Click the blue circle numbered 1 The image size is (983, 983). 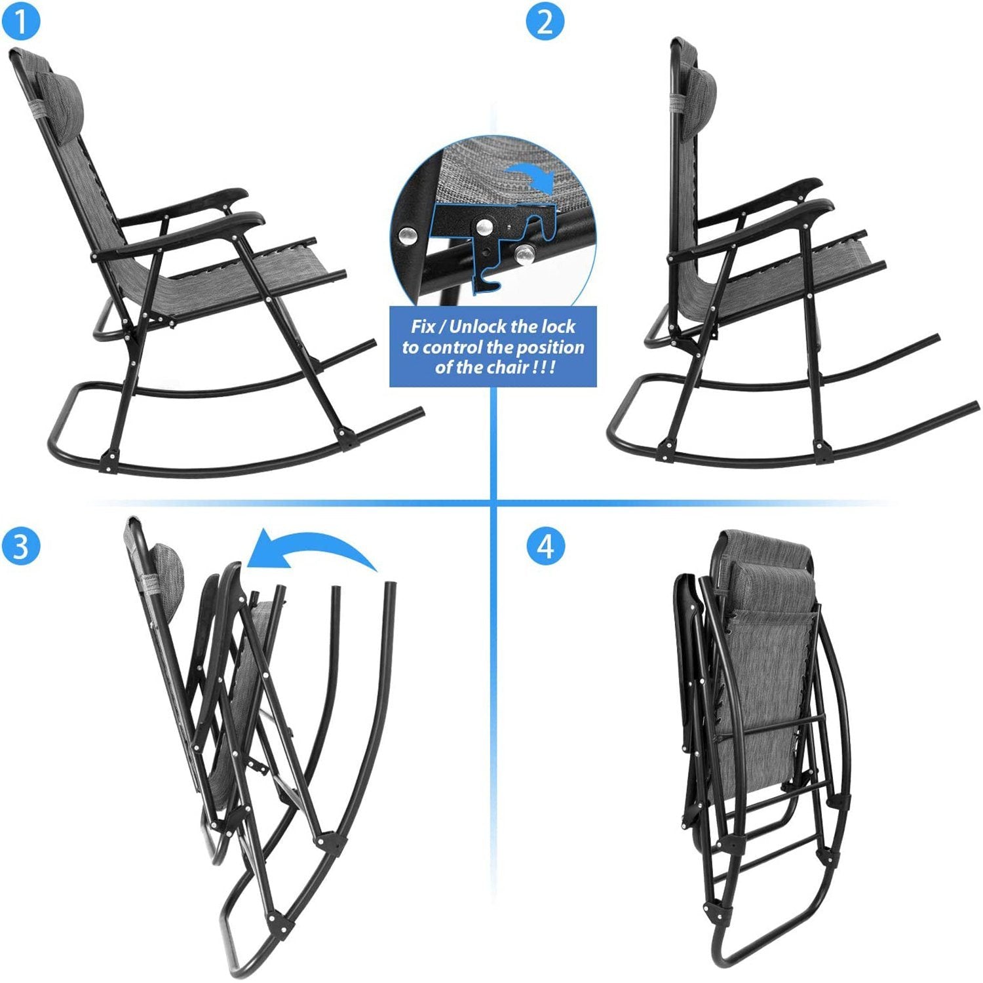pos(20,21)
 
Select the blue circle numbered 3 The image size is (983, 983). pos(21,545)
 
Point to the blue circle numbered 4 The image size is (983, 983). pos(545,545)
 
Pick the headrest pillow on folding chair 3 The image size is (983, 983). pos(166,577)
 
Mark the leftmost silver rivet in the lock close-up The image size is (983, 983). pos(408,234)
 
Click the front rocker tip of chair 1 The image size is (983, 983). pos(418,412)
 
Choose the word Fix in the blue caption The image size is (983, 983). pos(423,326)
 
